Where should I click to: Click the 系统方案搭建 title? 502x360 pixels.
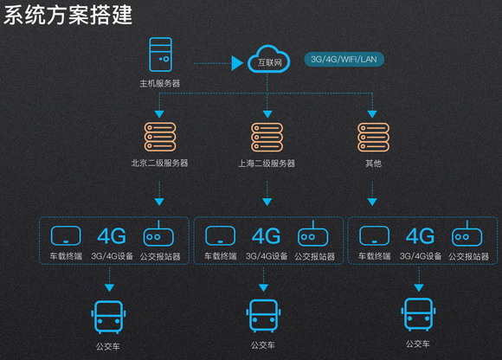(x=68, y=15)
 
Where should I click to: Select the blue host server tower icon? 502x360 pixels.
(x=161, y=55)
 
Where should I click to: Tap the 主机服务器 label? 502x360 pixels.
(x=160, y=84)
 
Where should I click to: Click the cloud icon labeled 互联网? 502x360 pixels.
(x=268, y=59)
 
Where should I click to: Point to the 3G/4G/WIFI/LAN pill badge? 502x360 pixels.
(x=344, y=59)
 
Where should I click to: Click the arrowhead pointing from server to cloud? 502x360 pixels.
(x=237, y=63)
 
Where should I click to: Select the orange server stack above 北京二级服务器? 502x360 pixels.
(x=160, y=137)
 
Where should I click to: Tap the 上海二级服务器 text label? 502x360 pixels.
(x=267, y=164)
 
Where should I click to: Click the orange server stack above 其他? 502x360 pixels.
(x=373, y=137)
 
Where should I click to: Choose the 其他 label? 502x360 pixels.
(x=373, y=164)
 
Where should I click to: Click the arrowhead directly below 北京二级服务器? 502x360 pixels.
(x=159, y=202)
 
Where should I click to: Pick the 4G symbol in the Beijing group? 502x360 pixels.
(x=112, y=236)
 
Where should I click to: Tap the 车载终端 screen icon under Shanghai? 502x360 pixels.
(x=220, y=236)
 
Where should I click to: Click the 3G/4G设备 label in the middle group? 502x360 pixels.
(x=267, y=256)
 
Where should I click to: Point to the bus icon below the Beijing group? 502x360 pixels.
(x=108, y=317)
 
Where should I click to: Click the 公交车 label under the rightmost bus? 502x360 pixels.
(x=418, y=344)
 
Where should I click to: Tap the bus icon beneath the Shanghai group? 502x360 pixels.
(x=263, y=316)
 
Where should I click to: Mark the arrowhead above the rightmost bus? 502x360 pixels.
(x=419, y=287)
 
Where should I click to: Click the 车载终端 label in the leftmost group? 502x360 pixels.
(x=66, y=256)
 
